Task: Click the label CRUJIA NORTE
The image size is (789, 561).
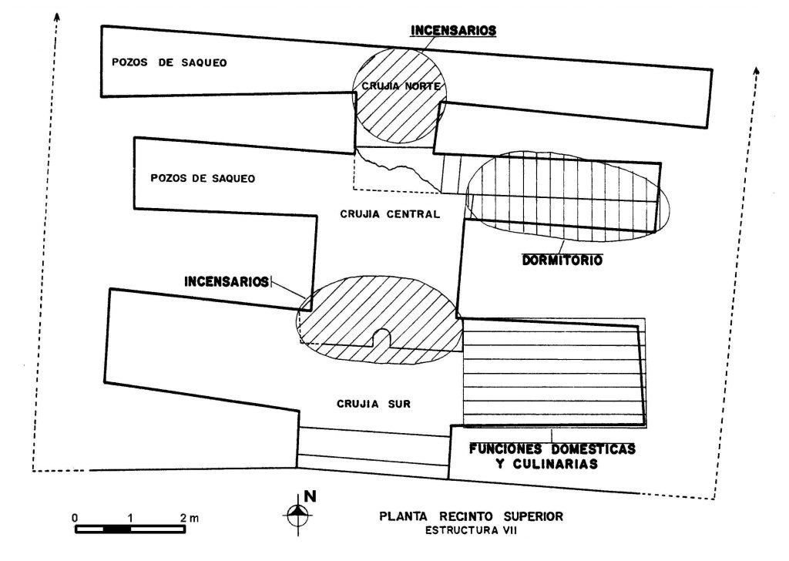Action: (x=401, y=86)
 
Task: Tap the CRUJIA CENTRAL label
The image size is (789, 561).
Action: (x=390, y=213)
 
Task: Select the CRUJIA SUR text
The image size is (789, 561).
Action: (x=374, y=404)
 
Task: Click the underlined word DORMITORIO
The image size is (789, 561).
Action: (x=562, y=260)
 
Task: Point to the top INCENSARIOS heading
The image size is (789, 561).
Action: (x=453, y=30)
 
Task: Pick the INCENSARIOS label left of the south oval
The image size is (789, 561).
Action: (x=227, y=280)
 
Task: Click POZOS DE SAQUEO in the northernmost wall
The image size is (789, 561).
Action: (x=169, y=62)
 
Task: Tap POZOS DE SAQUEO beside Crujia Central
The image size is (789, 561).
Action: (x=203, y=178)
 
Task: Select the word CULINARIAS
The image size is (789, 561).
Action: (x=555, y=463)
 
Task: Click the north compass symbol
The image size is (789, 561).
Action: (x=298, y=514)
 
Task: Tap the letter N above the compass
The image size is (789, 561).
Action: (x=310, y=496)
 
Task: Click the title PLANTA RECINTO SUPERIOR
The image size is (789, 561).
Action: (x=471, y=516)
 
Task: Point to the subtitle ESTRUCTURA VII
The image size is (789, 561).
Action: (x=471, y=530)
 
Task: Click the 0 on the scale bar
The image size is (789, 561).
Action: (x=75, y=518)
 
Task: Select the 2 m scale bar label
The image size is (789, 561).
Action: (x=190, y=517)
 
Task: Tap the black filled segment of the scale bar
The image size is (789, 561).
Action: (x=117, y=529)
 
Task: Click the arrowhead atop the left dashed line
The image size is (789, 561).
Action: (x=57, y=17)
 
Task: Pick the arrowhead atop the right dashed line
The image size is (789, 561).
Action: (x=756, y=70)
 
